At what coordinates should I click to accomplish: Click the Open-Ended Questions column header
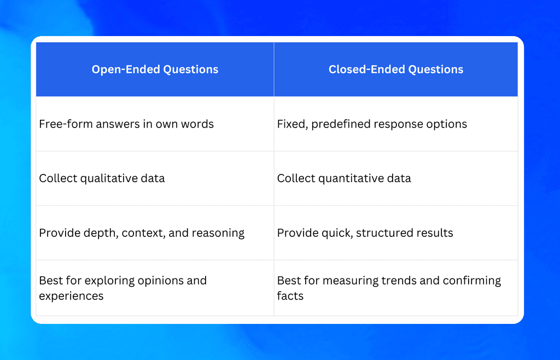click(x=155, y=69)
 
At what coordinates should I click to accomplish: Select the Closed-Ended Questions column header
click(x=395, y=69)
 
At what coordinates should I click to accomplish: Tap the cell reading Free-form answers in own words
click(x=126, y=124)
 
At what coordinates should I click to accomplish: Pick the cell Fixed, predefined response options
click(x=372, y=124)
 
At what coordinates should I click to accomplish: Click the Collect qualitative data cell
click(x=102, y=178)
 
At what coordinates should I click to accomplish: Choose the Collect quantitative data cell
click(x=344, y=178)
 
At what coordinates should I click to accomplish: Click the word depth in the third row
click(x=102, y=233)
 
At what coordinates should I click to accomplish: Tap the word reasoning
click(x=218, y=233)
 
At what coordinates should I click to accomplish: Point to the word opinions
click(x=159, y=281)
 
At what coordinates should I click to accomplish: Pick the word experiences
click(x=71, y=296)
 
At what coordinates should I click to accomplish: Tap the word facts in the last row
click(x=290, y=296)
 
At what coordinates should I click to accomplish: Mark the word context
click(x=143, y=233)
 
